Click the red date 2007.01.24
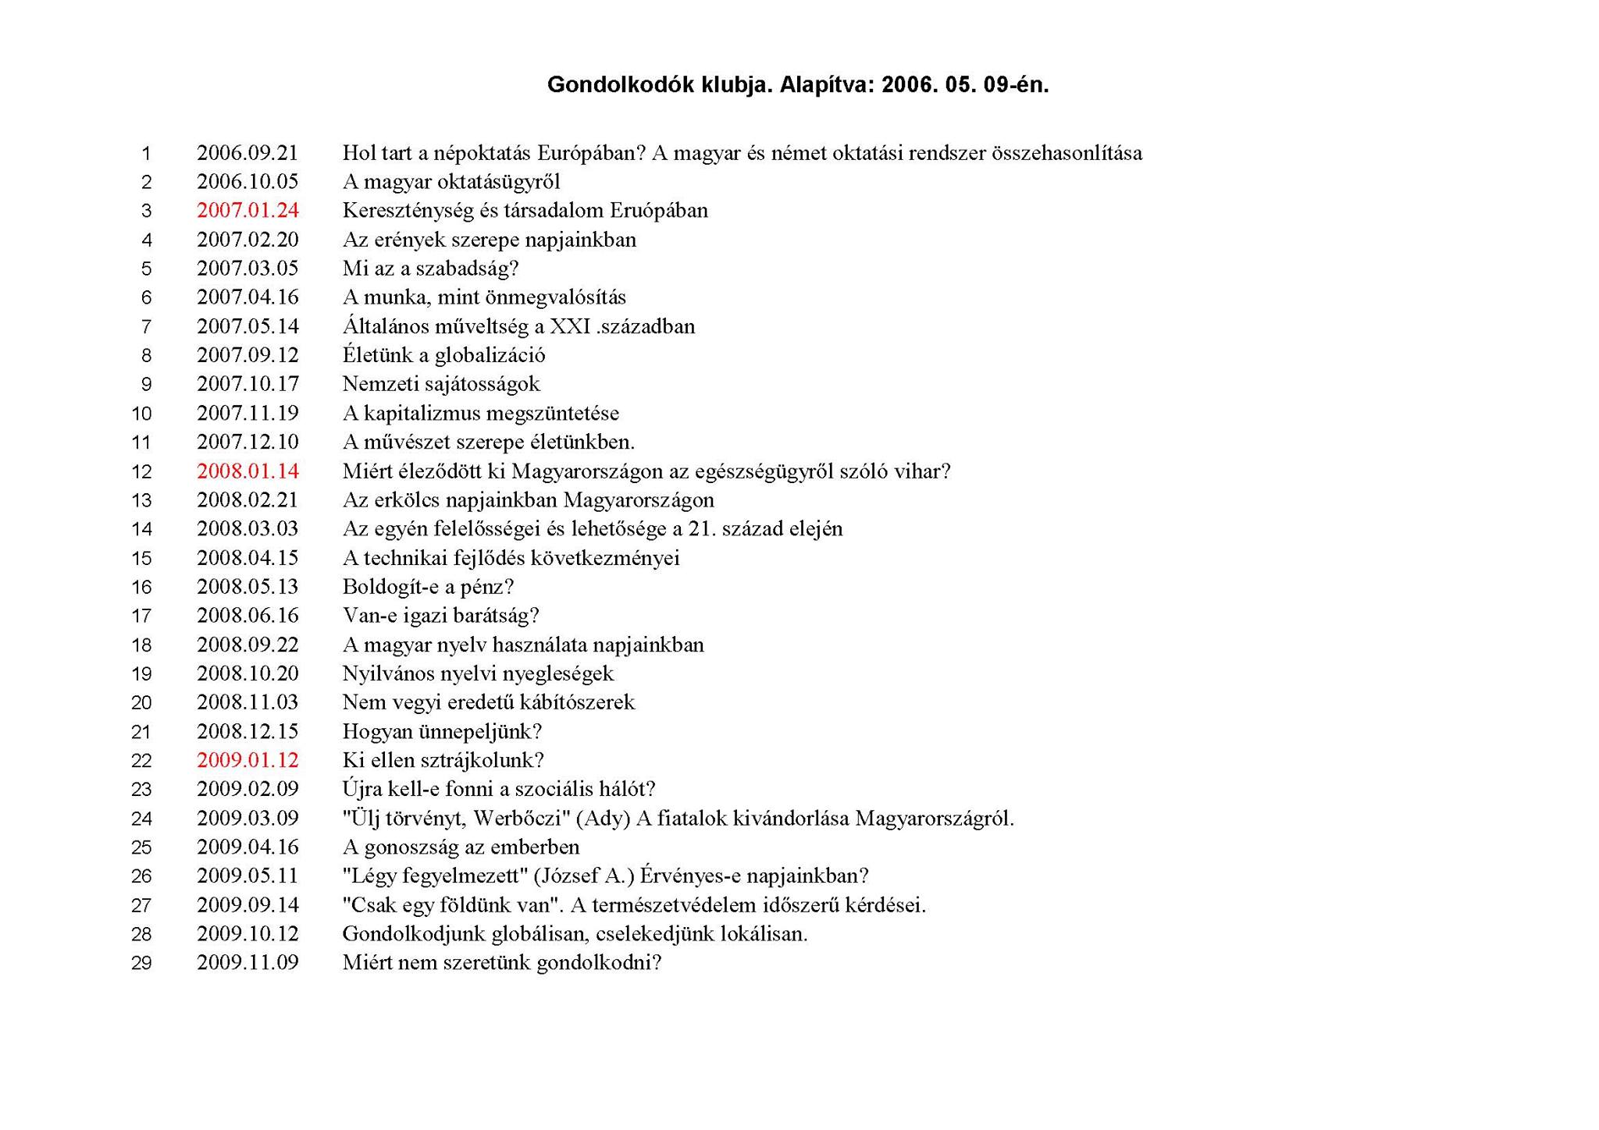coord(248,211)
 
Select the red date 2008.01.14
coord(248,471)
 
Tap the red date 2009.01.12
coord(248,760)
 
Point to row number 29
coord(141,964)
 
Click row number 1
coord(146,154)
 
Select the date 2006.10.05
coord(248,182)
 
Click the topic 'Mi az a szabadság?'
coord(430,268)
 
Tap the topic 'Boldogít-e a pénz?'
coord(428,587)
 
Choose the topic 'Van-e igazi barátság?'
coord(440,616)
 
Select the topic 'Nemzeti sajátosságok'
coord(441,384)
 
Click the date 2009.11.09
coord(248,963)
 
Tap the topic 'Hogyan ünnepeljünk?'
coord(442,732)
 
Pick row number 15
coord(141,559)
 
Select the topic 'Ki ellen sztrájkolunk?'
coord(443,760)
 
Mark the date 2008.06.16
coord(248,616)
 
